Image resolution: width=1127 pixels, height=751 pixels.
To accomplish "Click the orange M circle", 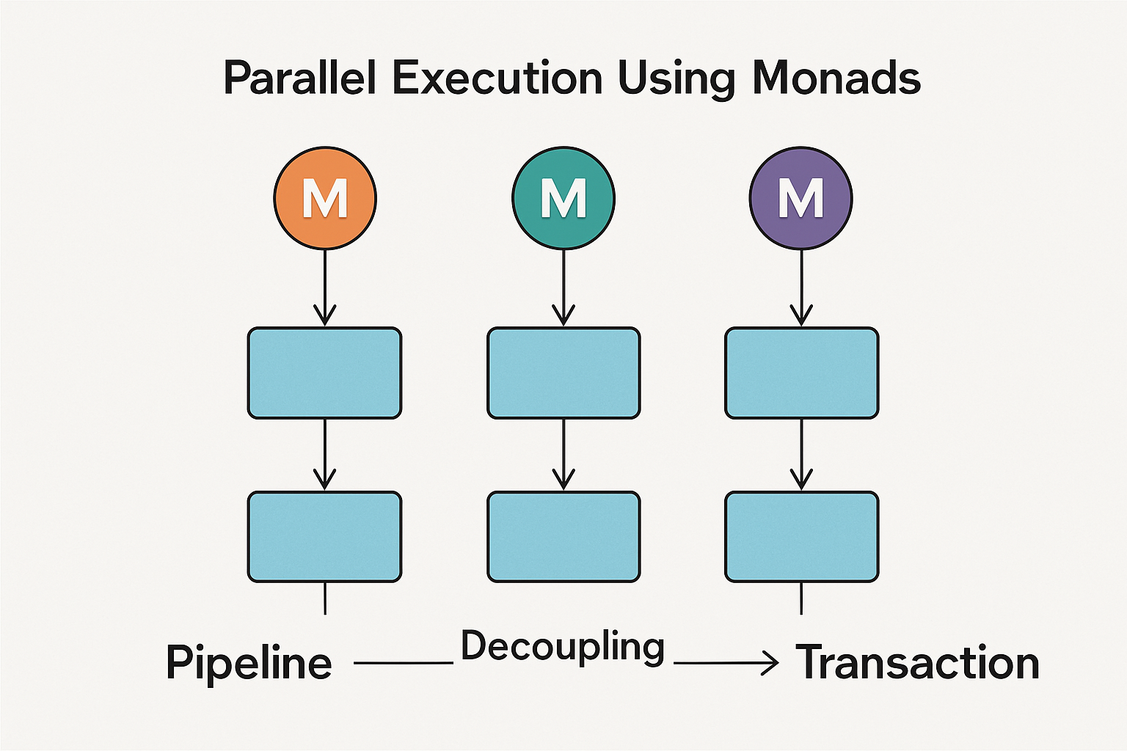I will (325, 198).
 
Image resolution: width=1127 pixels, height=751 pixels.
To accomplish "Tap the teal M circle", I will (563, 198).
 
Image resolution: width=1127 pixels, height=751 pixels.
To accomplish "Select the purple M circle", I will (800, 198).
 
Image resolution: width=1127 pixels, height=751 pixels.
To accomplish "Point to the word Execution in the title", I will (497, 78).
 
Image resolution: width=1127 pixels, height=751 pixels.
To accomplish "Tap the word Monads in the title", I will (836, 78).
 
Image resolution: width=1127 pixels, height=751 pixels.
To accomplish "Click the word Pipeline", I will (249, 663).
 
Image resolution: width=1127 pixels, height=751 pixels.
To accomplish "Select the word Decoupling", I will (563, 648).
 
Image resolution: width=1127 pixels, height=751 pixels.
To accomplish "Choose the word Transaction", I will (917, 663).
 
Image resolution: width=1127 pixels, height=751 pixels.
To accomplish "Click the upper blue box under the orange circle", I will (324, 373).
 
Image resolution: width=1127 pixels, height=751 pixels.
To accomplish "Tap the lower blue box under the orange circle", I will (324, 537).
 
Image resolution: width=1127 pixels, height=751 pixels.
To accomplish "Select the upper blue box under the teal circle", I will (563, 373).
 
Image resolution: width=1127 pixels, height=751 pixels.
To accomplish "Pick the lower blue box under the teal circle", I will (563, 537).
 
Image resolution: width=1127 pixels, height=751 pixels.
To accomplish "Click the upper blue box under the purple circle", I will (801, 373).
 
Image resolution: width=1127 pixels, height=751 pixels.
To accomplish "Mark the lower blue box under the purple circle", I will (801, 537).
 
